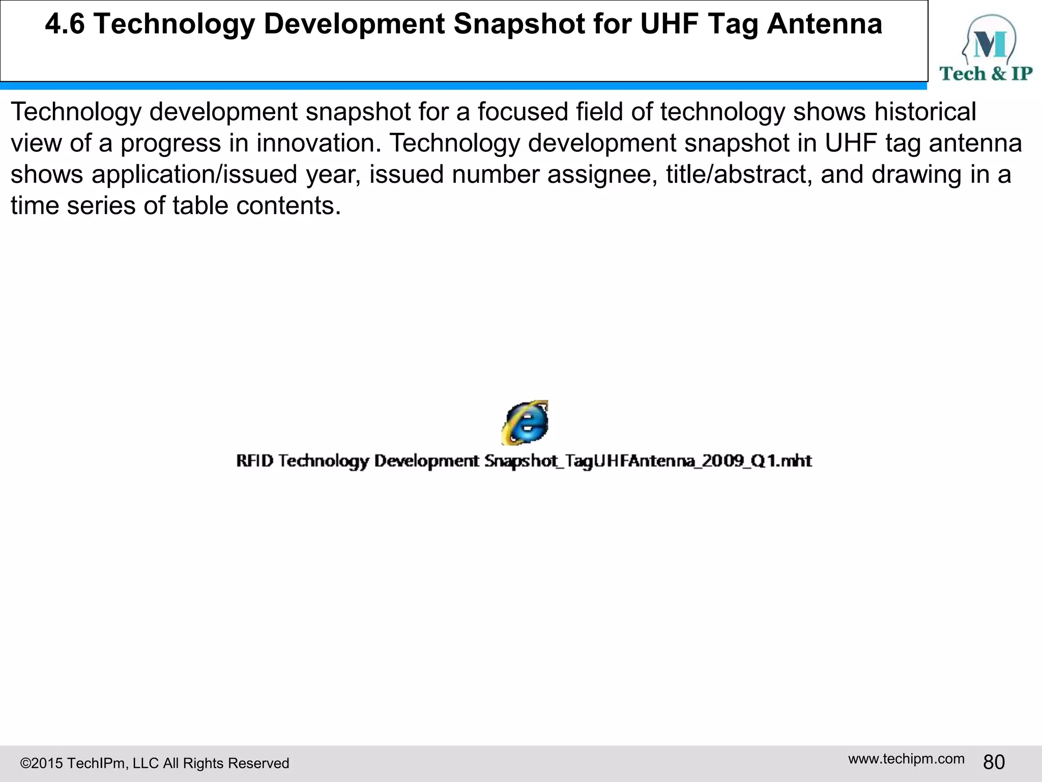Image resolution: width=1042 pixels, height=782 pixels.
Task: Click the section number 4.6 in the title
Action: point(65,24)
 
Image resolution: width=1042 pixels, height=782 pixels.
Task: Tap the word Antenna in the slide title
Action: point(824,24)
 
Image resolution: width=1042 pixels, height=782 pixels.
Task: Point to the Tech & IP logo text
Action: point(986,74)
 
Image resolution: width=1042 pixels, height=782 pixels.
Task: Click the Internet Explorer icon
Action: point(525,423)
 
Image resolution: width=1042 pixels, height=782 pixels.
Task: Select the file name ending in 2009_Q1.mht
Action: point(524,461)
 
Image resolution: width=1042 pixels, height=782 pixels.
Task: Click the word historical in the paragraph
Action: point(925,111)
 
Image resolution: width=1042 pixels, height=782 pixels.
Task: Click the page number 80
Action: point(994,762)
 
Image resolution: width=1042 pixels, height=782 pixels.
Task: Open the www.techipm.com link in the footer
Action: point(906,759)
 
